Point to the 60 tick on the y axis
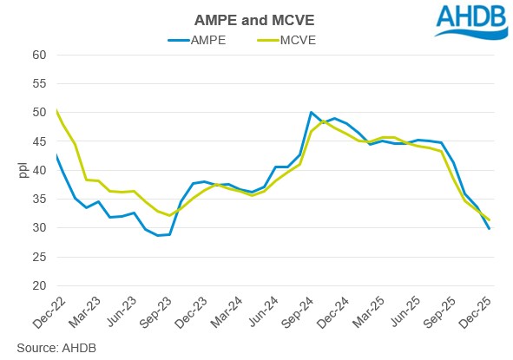[39, 55]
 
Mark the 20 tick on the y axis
[39, 285]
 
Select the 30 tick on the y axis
[39, 228]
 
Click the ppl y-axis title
[23, 170]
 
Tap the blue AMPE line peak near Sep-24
[311, 113]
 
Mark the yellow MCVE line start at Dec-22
[56, 110]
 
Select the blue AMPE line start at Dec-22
[56, 155]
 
